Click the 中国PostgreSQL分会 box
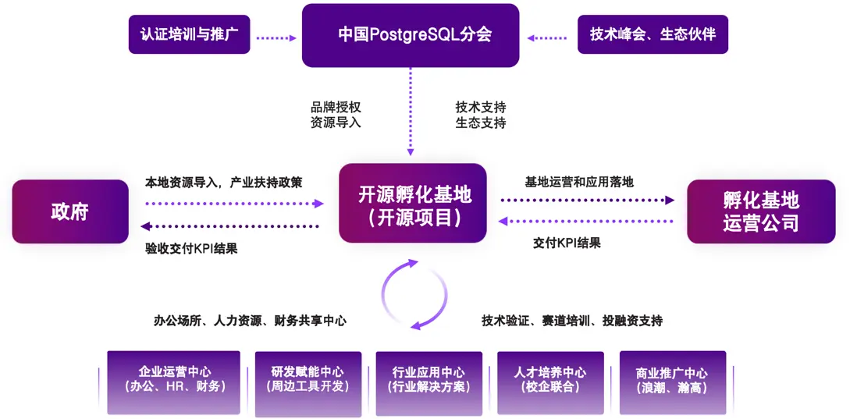click(x=410, y=35)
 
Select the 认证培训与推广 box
click(x=189, y=35)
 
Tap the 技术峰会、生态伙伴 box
click(x=652, y=35)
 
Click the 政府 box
click(x=69, y=211)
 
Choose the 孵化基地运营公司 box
click(x=760, y=211)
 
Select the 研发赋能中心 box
click(x=308, y=380)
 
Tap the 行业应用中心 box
click(x=429, y=380)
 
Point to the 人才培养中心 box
click(x=550, y=380)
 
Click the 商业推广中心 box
click(x=672, y=380)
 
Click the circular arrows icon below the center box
click(x=414, y=294)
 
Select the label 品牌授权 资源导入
click(x=336, y=115)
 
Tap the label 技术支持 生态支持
click(x=481, y=115)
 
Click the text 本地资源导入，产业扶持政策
click(x=223, y=183)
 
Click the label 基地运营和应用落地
click(x=579, y=182)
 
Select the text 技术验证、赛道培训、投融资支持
click(x=571, y=321)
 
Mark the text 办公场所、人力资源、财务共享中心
click(x=250, y=321)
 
